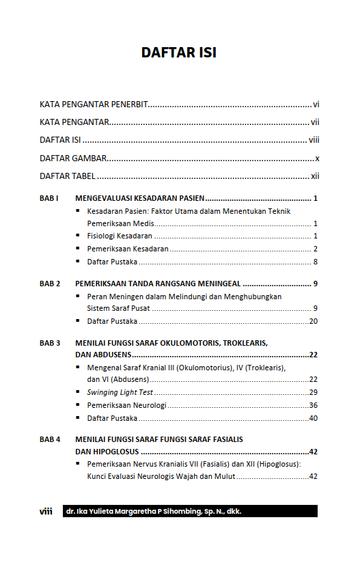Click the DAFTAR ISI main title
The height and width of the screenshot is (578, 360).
179,53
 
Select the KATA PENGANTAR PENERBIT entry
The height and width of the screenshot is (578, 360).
94,105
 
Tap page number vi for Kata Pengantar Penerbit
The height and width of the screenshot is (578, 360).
316,105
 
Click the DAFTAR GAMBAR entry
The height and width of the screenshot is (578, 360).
73,158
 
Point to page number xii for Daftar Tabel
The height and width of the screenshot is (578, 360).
315,176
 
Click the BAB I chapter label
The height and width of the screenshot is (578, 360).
49,198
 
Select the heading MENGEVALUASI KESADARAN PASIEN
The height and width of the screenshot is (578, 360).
140,198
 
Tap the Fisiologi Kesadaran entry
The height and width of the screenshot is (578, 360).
120,236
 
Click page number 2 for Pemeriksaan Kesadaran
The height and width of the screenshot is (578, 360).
315,249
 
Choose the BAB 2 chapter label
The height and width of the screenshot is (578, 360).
50,284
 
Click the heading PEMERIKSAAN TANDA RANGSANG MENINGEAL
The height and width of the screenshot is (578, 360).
158,284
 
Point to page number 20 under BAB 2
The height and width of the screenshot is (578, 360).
314,321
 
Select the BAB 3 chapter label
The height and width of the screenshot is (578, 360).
50,342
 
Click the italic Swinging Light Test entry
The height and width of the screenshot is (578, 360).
120,392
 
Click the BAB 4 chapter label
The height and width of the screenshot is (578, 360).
50,439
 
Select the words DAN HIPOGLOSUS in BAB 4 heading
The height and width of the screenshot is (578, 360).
107,452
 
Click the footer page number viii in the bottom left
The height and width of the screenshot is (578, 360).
46,511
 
